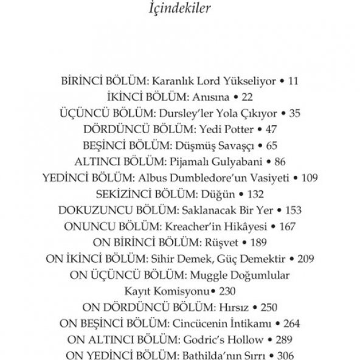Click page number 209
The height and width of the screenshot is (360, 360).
tap(306, 258)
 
